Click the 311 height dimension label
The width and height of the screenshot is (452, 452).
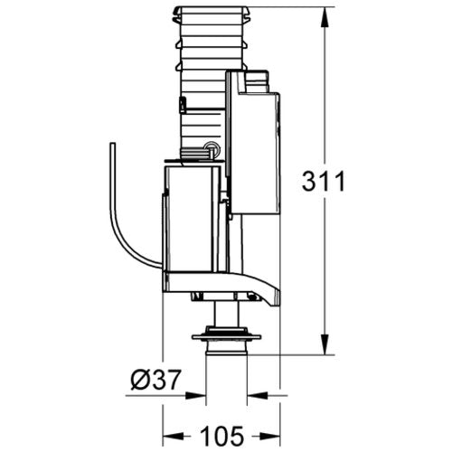(x=324, y=181)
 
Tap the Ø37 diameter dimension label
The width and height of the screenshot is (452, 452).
(x=155, y=379)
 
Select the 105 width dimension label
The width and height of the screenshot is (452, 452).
(x=222, y=436)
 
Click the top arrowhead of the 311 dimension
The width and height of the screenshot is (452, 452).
(x=325, y=17)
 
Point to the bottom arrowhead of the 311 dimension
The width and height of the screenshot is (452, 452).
(x=325, y=344)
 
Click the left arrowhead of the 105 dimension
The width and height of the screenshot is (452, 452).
(x=174, y=436)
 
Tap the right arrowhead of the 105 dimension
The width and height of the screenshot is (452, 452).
(x=269, y=436)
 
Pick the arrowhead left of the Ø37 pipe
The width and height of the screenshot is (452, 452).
(x=195, y=395)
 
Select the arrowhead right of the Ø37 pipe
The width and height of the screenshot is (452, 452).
(x=258, y=395)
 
